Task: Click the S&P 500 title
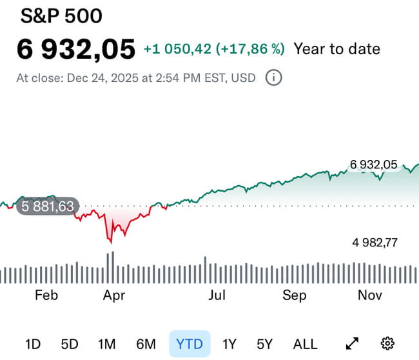tap(61, 16)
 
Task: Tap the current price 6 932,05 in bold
tap(76, 49)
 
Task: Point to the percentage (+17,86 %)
tap(251, 49)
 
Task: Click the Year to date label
tap(336, 49)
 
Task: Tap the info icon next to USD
tap(274, 78)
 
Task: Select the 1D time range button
tap(34, 344)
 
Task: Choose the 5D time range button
tap(70, 344)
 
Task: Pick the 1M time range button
tap(106, 344)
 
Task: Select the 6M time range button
tap(146, 344)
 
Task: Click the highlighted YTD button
tap(190, 344)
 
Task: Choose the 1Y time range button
tap(229, 344)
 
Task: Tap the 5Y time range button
tap(264, 344)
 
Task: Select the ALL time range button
tap(305, 344)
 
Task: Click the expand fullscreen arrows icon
tap(353, 344)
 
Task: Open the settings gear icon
tap(387, 344)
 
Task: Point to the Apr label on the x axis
tap(113, 295)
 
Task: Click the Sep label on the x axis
tap(294, 295)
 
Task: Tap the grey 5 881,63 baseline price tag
tap(48, 207)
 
